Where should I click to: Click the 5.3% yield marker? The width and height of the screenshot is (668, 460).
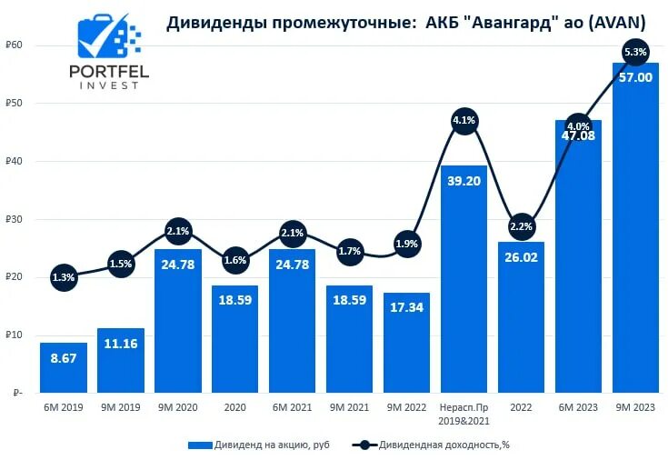point(635,52)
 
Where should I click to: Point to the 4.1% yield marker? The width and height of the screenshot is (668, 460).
point(464,120)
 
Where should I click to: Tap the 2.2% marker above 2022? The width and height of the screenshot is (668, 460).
point(522,226)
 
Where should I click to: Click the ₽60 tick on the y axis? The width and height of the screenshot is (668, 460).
point(14,45)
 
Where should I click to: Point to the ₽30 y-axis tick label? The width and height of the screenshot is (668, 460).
point(14,219)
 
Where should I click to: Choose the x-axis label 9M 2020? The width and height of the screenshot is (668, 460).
point(178,408)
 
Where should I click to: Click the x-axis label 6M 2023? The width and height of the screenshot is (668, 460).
point(578,408)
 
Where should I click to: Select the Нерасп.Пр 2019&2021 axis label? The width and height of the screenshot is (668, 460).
point(464,414)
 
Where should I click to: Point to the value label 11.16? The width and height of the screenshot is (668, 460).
point(121,371)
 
